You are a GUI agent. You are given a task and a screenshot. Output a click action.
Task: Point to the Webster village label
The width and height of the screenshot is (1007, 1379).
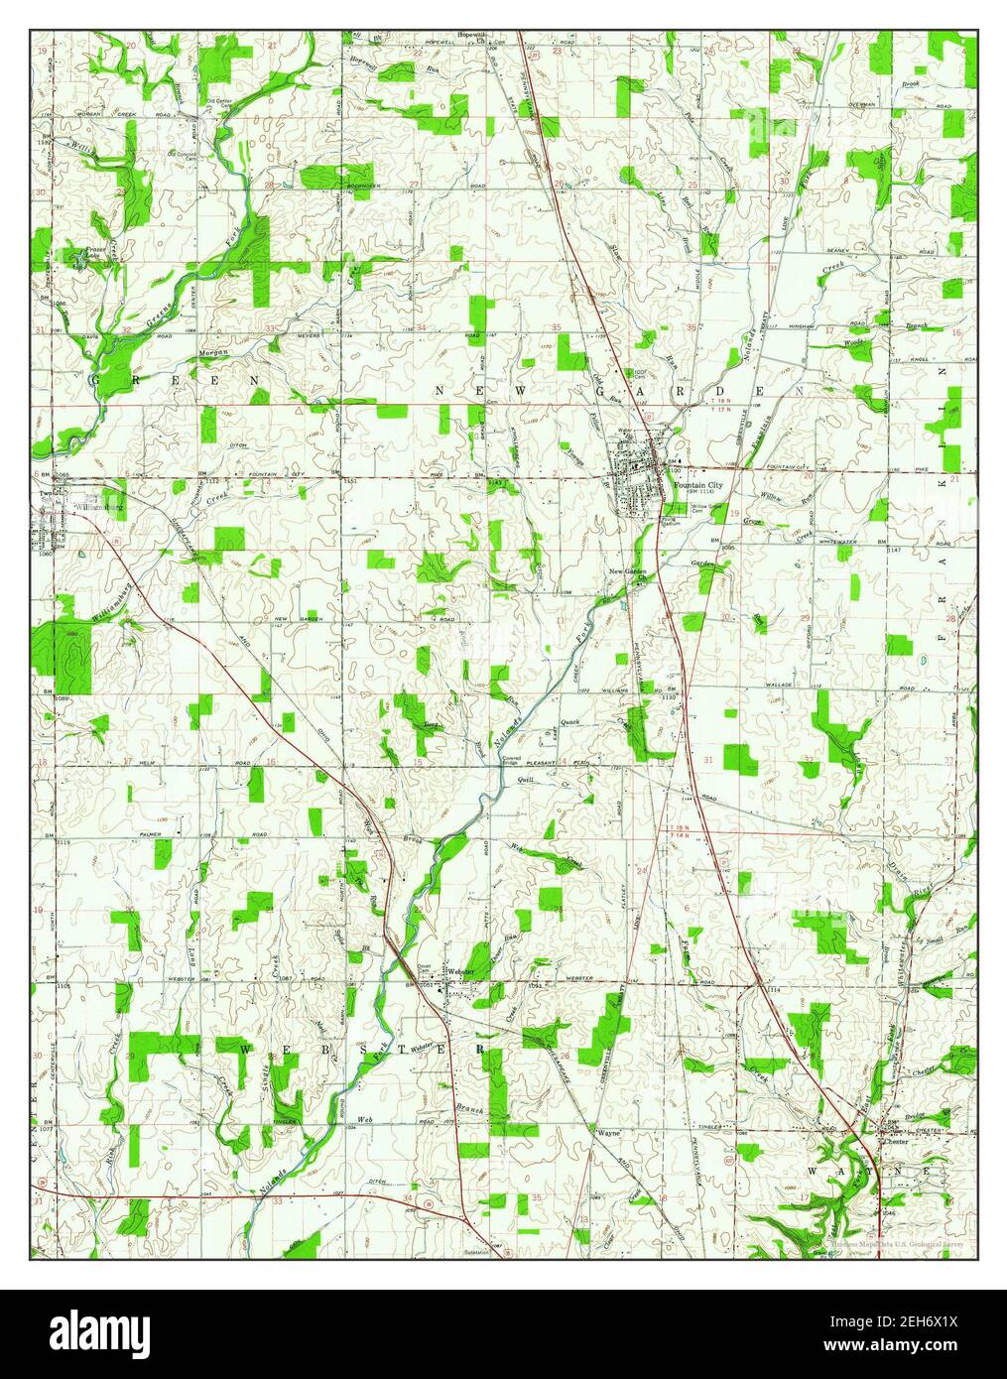tap(462, 970)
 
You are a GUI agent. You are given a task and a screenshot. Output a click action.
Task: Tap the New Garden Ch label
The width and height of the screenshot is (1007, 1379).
tap(629, 572)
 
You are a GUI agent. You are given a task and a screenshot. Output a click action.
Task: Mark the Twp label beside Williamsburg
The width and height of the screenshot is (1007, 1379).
tap(45, 493)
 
